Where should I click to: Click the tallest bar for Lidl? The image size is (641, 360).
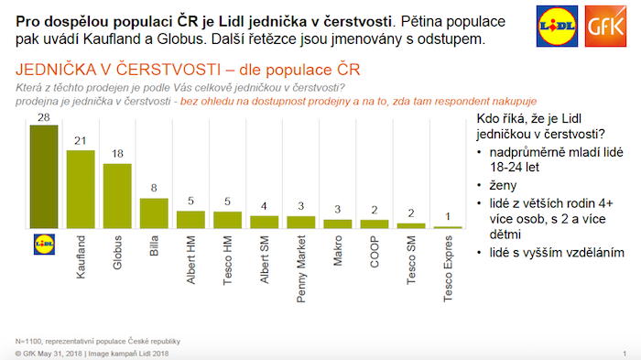pyautogui.click(x=44, y=175)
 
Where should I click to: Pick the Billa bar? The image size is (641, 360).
pyautogui.click(x=154, y=213)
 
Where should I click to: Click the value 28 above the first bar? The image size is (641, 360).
pyautogui.click(x=44, y=117)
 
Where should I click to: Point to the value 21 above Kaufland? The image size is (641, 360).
pyautogui.click(x=81, y=142)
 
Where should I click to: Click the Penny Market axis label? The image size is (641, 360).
pyautogui.click(x=301, y=267)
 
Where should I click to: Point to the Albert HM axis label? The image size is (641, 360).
pyautogui.click(x=190, y=259)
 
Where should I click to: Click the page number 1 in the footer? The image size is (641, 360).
pyautogui.click(x=625, y=353)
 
